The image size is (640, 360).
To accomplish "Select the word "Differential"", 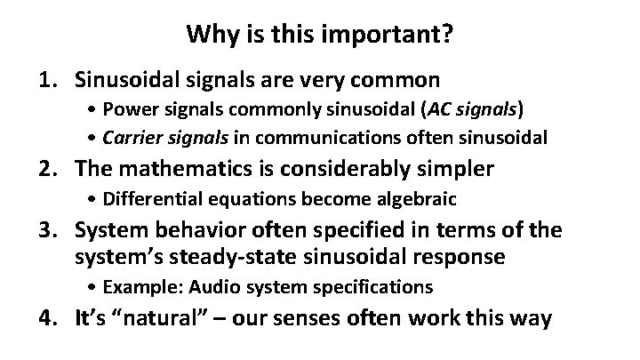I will [148, 197].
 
